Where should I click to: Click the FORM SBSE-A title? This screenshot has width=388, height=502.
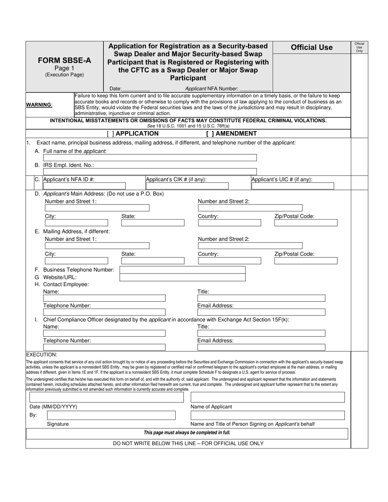(64, 60)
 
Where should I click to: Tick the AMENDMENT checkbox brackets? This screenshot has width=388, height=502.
(210, 133)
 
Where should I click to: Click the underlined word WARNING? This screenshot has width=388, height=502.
(39, 104)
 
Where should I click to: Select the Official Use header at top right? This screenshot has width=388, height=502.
(312, 47)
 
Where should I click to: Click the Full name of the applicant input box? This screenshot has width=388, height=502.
(150, 158)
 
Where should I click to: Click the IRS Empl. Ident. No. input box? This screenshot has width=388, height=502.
(150, 171)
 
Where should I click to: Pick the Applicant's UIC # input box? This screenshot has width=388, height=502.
(292, 186)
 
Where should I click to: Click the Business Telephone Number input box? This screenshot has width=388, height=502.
(182, 270)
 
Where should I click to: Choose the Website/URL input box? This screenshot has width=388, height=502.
(182, 278)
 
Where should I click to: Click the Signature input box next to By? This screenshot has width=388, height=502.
(111, 415)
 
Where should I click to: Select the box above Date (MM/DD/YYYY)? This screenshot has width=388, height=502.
(106, 397)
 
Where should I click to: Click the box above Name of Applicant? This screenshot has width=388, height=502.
(268, 397)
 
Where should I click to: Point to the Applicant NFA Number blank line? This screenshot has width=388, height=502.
(255, 89)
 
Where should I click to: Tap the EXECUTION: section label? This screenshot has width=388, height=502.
(42, 355)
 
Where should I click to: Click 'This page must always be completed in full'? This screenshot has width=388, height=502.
(187, 433)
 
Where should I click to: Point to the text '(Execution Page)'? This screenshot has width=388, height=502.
(64, 75)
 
